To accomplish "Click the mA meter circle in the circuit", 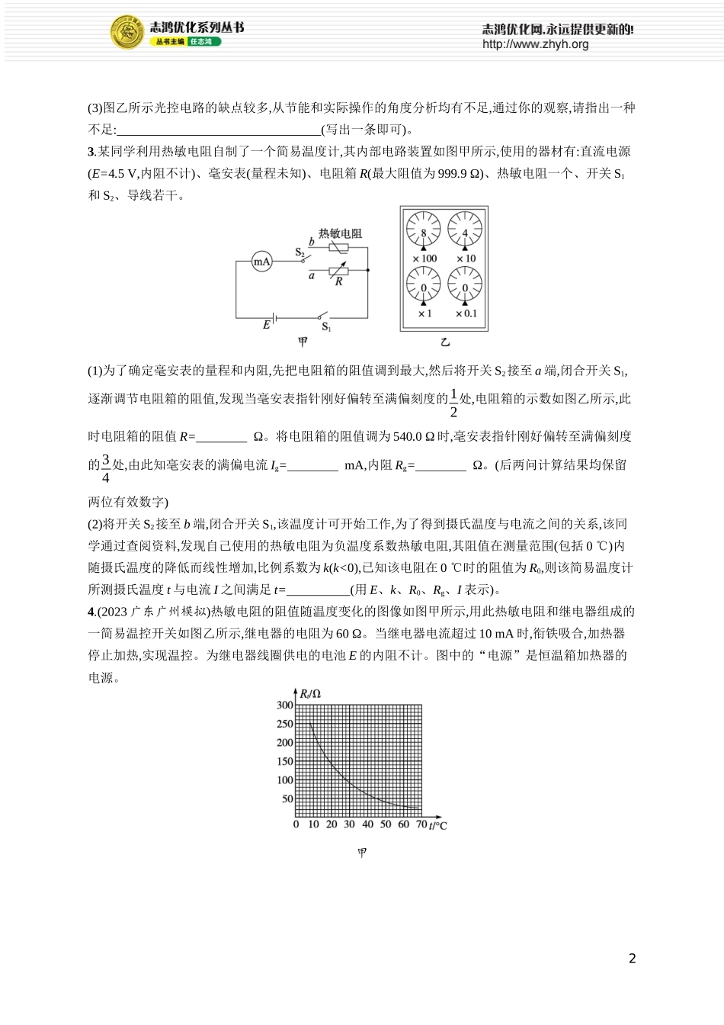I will coord(262,262).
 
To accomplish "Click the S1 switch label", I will coord(326,327).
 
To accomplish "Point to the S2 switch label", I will coord(300,252).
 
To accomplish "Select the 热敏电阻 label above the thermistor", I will coord(340,233).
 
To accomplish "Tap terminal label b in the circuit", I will coord(311,242).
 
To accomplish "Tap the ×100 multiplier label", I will coord(424,259).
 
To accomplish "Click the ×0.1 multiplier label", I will coord(466,313).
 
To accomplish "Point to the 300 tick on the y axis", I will coord(284,705).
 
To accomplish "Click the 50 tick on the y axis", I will coord(287,799).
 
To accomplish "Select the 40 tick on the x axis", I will coord(367,824).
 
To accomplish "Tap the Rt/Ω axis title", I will coord(309,694).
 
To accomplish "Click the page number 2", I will coord(632,959).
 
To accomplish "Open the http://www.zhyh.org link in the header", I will coord(535,44).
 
